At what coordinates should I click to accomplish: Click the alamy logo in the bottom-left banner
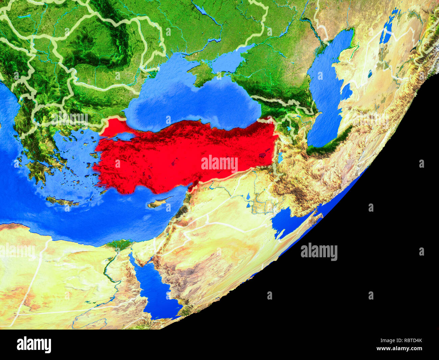(34, 345)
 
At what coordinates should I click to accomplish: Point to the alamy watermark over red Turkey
(219, 164)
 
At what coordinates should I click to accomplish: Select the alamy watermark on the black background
(319, 252)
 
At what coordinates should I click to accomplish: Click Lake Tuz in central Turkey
(175, 160)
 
